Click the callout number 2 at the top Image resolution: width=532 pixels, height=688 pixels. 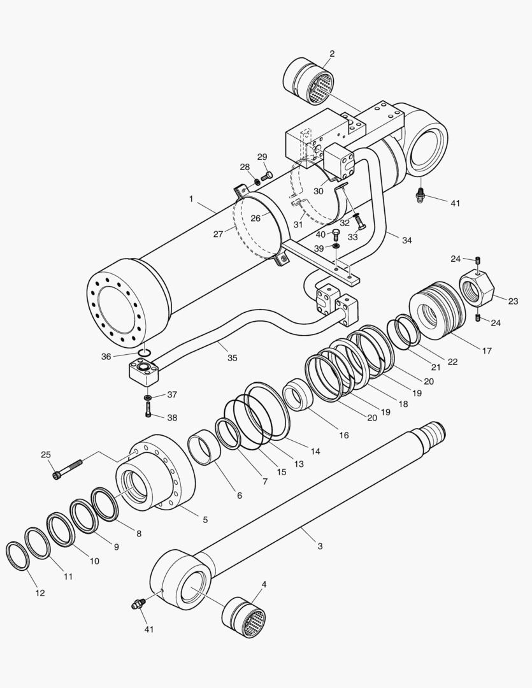pyautogui.click(x=332, y=54)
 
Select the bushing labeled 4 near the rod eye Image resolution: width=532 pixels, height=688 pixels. pyautogui.click(x=244, y=617)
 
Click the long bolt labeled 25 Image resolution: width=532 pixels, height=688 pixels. pyautogui.click(x=68, y=469)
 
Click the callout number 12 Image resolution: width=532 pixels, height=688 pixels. pyautogui.click(x=40, y=592)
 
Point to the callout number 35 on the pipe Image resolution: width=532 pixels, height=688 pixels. pyautogui.click(x=232, y=358)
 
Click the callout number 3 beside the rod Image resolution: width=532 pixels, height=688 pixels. pyautogui.click(x=320, y=546)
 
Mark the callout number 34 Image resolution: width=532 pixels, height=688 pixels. pyautogui.click(x=406, y=240)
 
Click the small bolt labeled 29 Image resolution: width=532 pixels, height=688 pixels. pyautogui.click(x=268, y=175)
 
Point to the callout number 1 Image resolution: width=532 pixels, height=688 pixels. pyautogui.click(x=191, y=199)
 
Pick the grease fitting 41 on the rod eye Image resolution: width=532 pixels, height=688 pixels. pyautogui.click(x=136, y=604)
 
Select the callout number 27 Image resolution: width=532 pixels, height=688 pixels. pyautogui.click(x=219, y=234)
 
